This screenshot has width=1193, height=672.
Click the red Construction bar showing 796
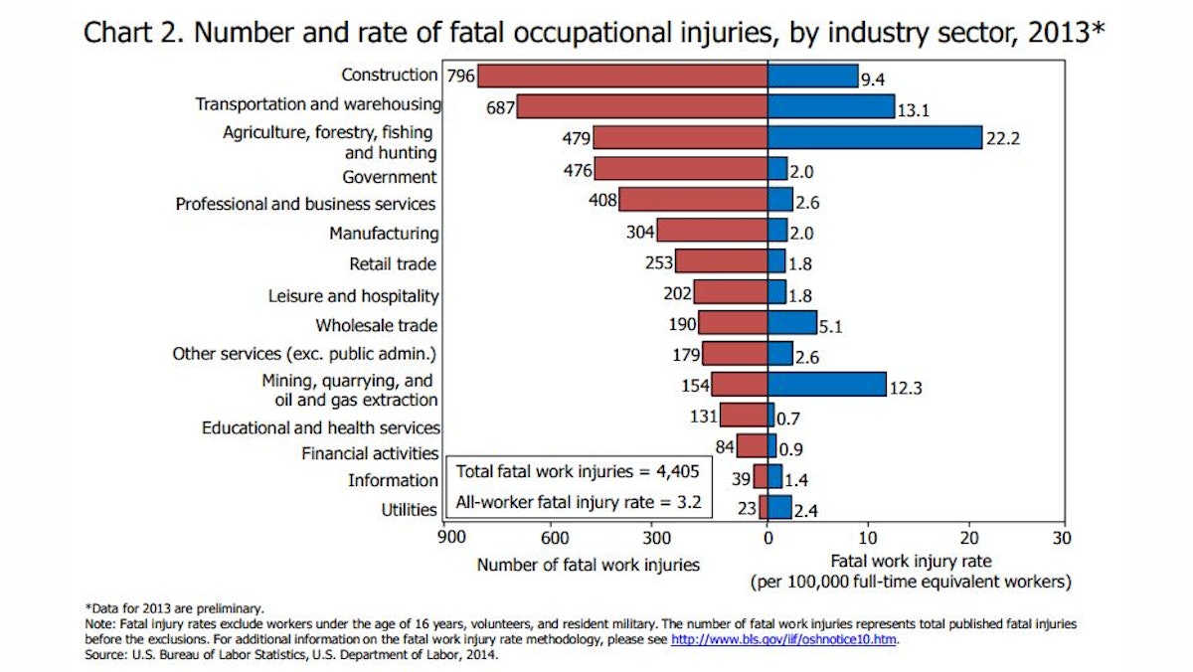tap(622, 76)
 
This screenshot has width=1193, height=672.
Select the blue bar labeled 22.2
tap(874, 137)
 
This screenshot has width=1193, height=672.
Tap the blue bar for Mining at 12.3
tap(826, 384)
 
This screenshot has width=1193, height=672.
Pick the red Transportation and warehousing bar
tap(642, 105)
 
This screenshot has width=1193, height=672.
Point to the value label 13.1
tap(913, 111)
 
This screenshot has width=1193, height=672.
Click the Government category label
tap(389, 178)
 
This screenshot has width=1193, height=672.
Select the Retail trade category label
tap(393, 264)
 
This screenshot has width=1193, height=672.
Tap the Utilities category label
tap(409, 510)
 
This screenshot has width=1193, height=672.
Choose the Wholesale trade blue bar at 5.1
tap(792, 322)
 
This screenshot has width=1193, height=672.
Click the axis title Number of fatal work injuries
tap(588, 565)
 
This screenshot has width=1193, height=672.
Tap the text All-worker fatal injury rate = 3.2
tap(578, 502)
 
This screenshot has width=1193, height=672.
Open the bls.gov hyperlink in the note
tap(784, 639)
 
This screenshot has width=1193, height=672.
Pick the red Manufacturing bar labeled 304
tap(711, 231)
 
